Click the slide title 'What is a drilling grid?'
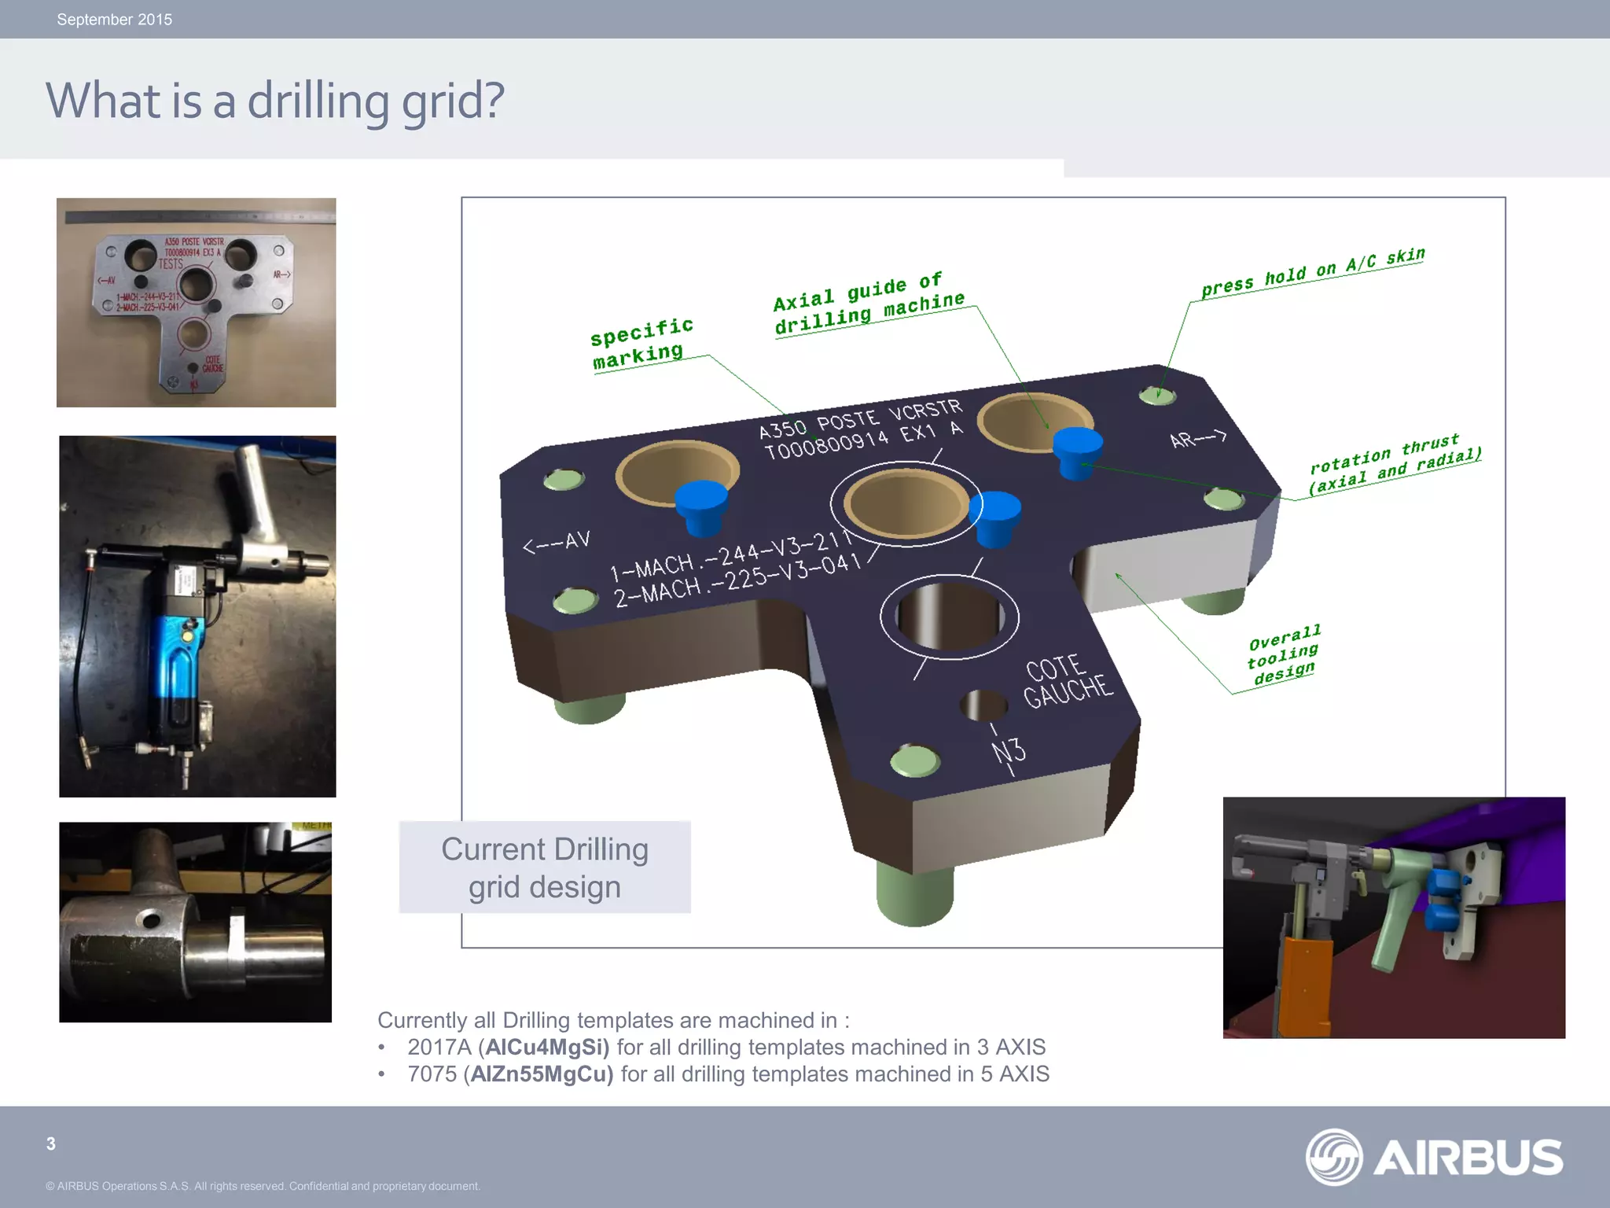click(x=274, y=101)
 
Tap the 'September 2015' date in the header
click(x=114, y=20)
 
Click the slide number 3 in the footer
click(x=51, y=1144)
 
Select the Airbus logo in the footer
click(x=1434, y=1157)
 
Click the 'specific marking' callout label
click(x=641, y=344)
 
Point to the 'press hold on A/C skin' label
click(x=1312, y=272)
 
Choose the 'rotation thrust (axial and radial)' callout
click(x=1394, y=464)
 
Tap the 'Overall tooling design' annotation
click(x=1284, y=654)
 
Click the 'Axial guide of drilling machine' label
click(x=868, y=303)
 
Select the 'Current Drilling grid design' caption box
click(x=545, y=867)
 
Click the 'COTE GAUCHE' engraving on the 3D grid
click(x=1067, y=681)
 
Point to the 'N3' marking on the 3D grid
click(x=1009, y=751)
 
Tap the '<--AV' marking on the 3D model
click(x=557, y=542)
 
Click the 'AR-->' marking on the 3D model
click(x=1197, y=438)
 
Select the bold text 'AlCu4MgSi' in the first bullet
click(x=547, y=1047)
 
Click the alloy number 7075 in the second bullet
click(x=432, y=1074)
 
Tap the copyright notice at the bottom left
click(x=263, y=1186)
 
